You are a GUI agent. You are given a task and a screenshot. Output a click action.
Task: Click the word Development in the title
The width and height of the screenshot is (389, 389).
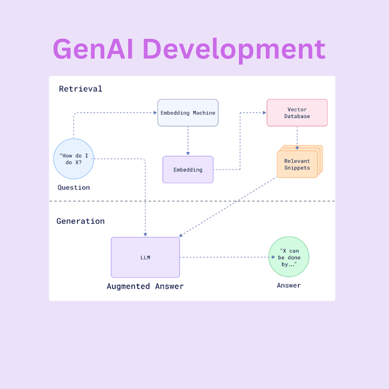234,50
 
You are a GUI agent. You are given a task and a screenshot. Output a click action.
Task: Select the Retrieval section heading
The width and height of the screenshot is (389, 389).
81,89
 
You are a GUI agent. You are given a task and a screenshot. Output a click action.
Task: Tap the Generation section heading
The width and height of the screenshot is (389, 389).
81,221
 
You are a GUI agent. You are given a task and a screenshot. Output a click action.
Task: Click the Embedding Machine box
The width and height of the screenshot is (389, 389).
188,113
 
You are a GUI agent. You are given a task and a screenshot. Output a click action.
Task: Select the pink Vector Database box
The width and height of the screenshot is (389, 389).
297,113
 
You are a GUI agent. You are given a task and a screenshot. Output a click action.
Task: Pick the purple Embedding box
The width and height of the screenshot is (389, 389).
188,170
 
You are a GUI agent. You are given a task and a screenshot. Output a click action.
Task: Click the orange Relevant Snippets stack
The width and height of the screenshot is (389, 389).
297,164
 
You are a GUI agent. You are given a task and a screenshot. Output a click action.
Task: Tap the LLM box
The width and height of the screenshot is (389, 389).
145,257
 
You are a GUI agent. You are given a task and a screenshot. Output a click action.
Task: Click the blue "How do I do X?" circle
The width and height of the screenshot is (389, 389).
74,158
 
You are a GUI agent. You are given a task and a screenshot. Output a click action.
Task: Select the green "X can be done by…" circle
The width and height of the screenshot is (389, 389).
289,257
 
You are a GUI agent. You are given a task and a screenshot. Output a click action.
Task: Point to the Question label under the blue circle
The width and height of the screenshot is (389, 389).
74,188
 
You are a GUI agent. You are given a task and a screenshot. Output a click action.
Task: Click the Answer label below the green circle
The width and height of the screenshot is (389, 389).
289,285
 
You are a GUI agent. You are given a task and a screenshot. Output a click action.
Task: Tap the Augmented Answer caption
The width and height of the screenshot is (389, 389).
145,286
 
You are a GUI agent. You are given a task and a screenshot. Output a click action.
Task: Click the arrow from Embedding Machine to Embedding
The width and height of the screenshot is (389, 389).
188,141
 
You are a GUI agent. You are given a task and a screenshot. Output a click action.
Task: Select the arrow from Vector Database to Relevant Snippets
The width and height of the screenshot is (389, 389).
297,137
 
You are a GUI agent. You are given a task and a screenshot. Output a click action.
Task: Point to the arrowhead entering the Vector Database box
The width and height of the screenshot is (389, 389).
264,113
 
